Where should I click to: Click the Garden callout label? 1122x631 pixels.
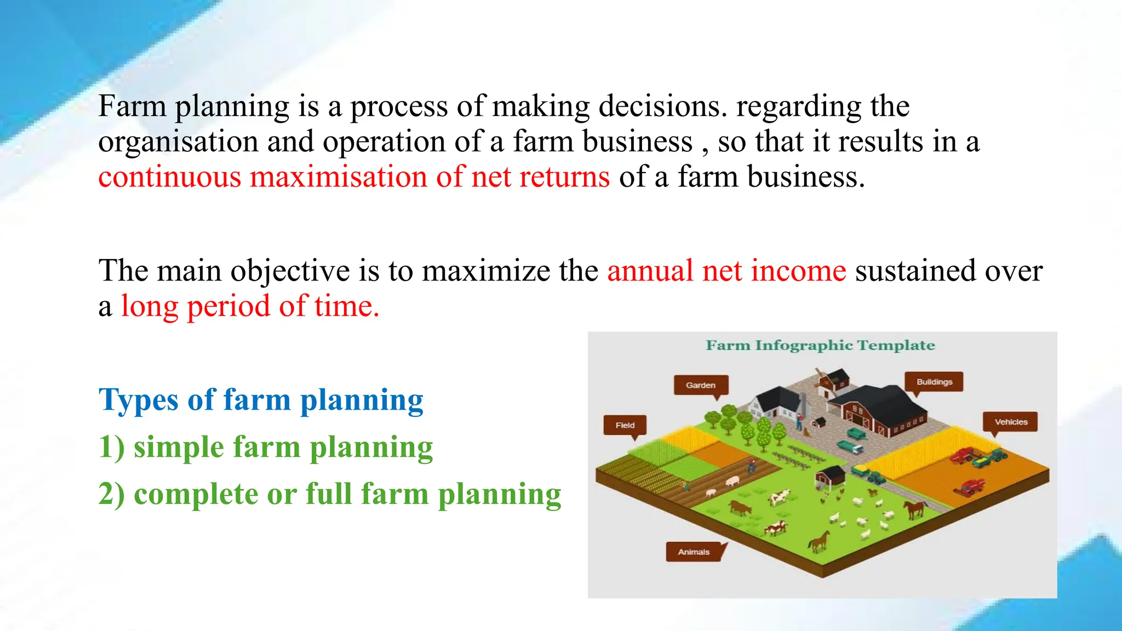[x=701, y=385]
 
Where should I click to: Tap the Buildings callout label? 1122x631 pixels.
[x=934, y=382]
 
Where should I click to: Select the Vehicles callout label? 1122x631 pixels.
[x=1011, y=422]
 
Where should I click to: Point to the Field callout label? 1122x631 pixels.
[x=625, y=425]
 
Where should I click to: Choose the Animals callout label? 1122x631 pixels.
[x=694, y=552]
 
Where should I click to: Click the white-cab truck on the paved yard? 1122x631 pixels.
[x=850, y=447]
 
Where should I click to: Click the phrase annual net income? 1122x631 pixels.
[x=726, y=271]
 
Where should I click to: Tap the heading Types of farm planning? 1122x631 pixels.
[x=261, y=400]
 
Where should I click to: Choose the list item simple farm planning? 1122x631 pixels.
[x=283, y=447]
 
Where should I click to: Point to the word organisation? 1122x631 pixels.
[x=178, y=142]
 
